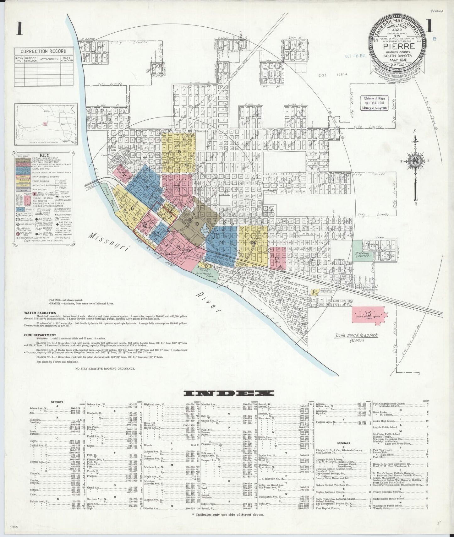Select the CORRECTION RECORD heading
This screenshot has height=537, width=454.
point(43,51)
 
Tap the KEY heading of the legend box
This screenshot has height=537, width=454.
point(44,155)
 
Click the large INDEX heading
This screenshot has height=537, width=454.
point(229,393)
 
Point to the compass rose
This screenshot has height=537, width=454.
point(415,161)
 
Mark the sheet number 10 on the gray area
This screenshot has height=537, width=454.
point(196,224)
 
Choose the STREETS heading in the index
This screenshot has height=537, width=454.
point(57,401)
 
